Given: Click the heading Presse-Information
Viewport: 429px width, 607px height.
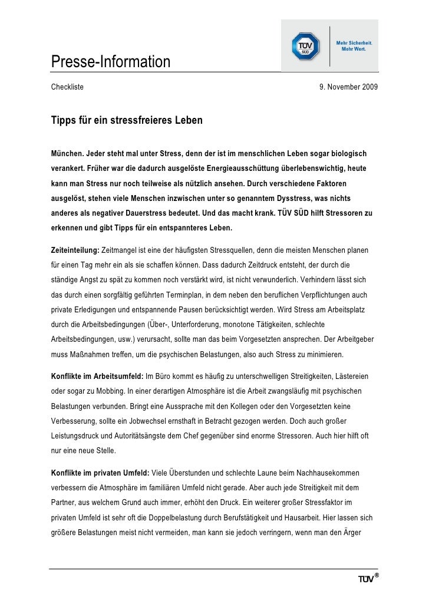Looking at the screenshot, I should (110, 61).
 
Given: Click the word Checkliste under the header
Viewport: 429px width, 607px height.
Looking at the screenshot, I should (67, 87).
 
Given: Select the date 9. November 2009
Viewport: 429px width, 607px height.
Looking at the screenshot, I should (348, 87).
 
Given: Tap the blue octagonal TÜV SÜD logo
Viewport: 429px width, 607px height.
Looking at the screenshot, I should (306, 46).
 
